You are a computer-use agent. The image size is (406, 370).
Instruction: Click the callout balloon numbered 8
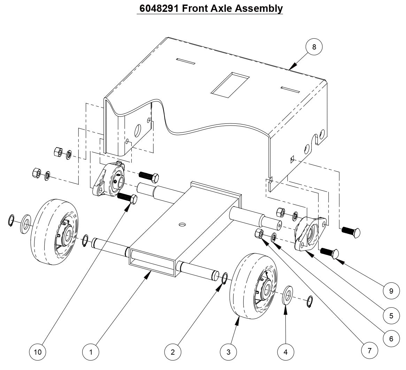(x=314, y=47)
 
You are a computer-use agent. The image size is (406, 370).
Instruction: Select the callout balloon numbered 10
(x=37, y=352)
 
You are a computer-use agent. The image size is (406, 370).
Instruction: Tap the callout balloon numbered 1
(x=91, y=352)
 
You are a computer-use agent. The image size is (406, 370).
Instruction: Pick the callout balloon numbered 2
(x=173, y=352)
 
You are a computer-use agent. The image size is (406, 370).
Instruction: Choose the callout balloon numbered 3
(x=229, y=352)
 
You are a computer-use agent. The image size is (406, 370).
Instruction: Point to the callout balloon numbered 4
(x=286, y=352)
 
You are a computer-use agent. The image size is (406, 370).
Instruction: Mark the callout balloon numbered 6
(x=391, y=338)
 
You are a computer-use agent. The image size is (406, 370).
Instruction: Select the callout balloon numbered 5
(x=391, y=316)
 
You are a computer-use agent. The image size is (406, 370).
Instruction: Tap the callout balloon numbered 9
(x=391, y=290)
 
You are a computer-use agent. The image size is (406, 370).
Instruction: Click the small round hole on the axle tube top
(x=182, y=225)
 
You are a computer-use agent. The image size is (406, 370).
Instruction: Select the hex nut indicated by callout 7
(x=259, y=233)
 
